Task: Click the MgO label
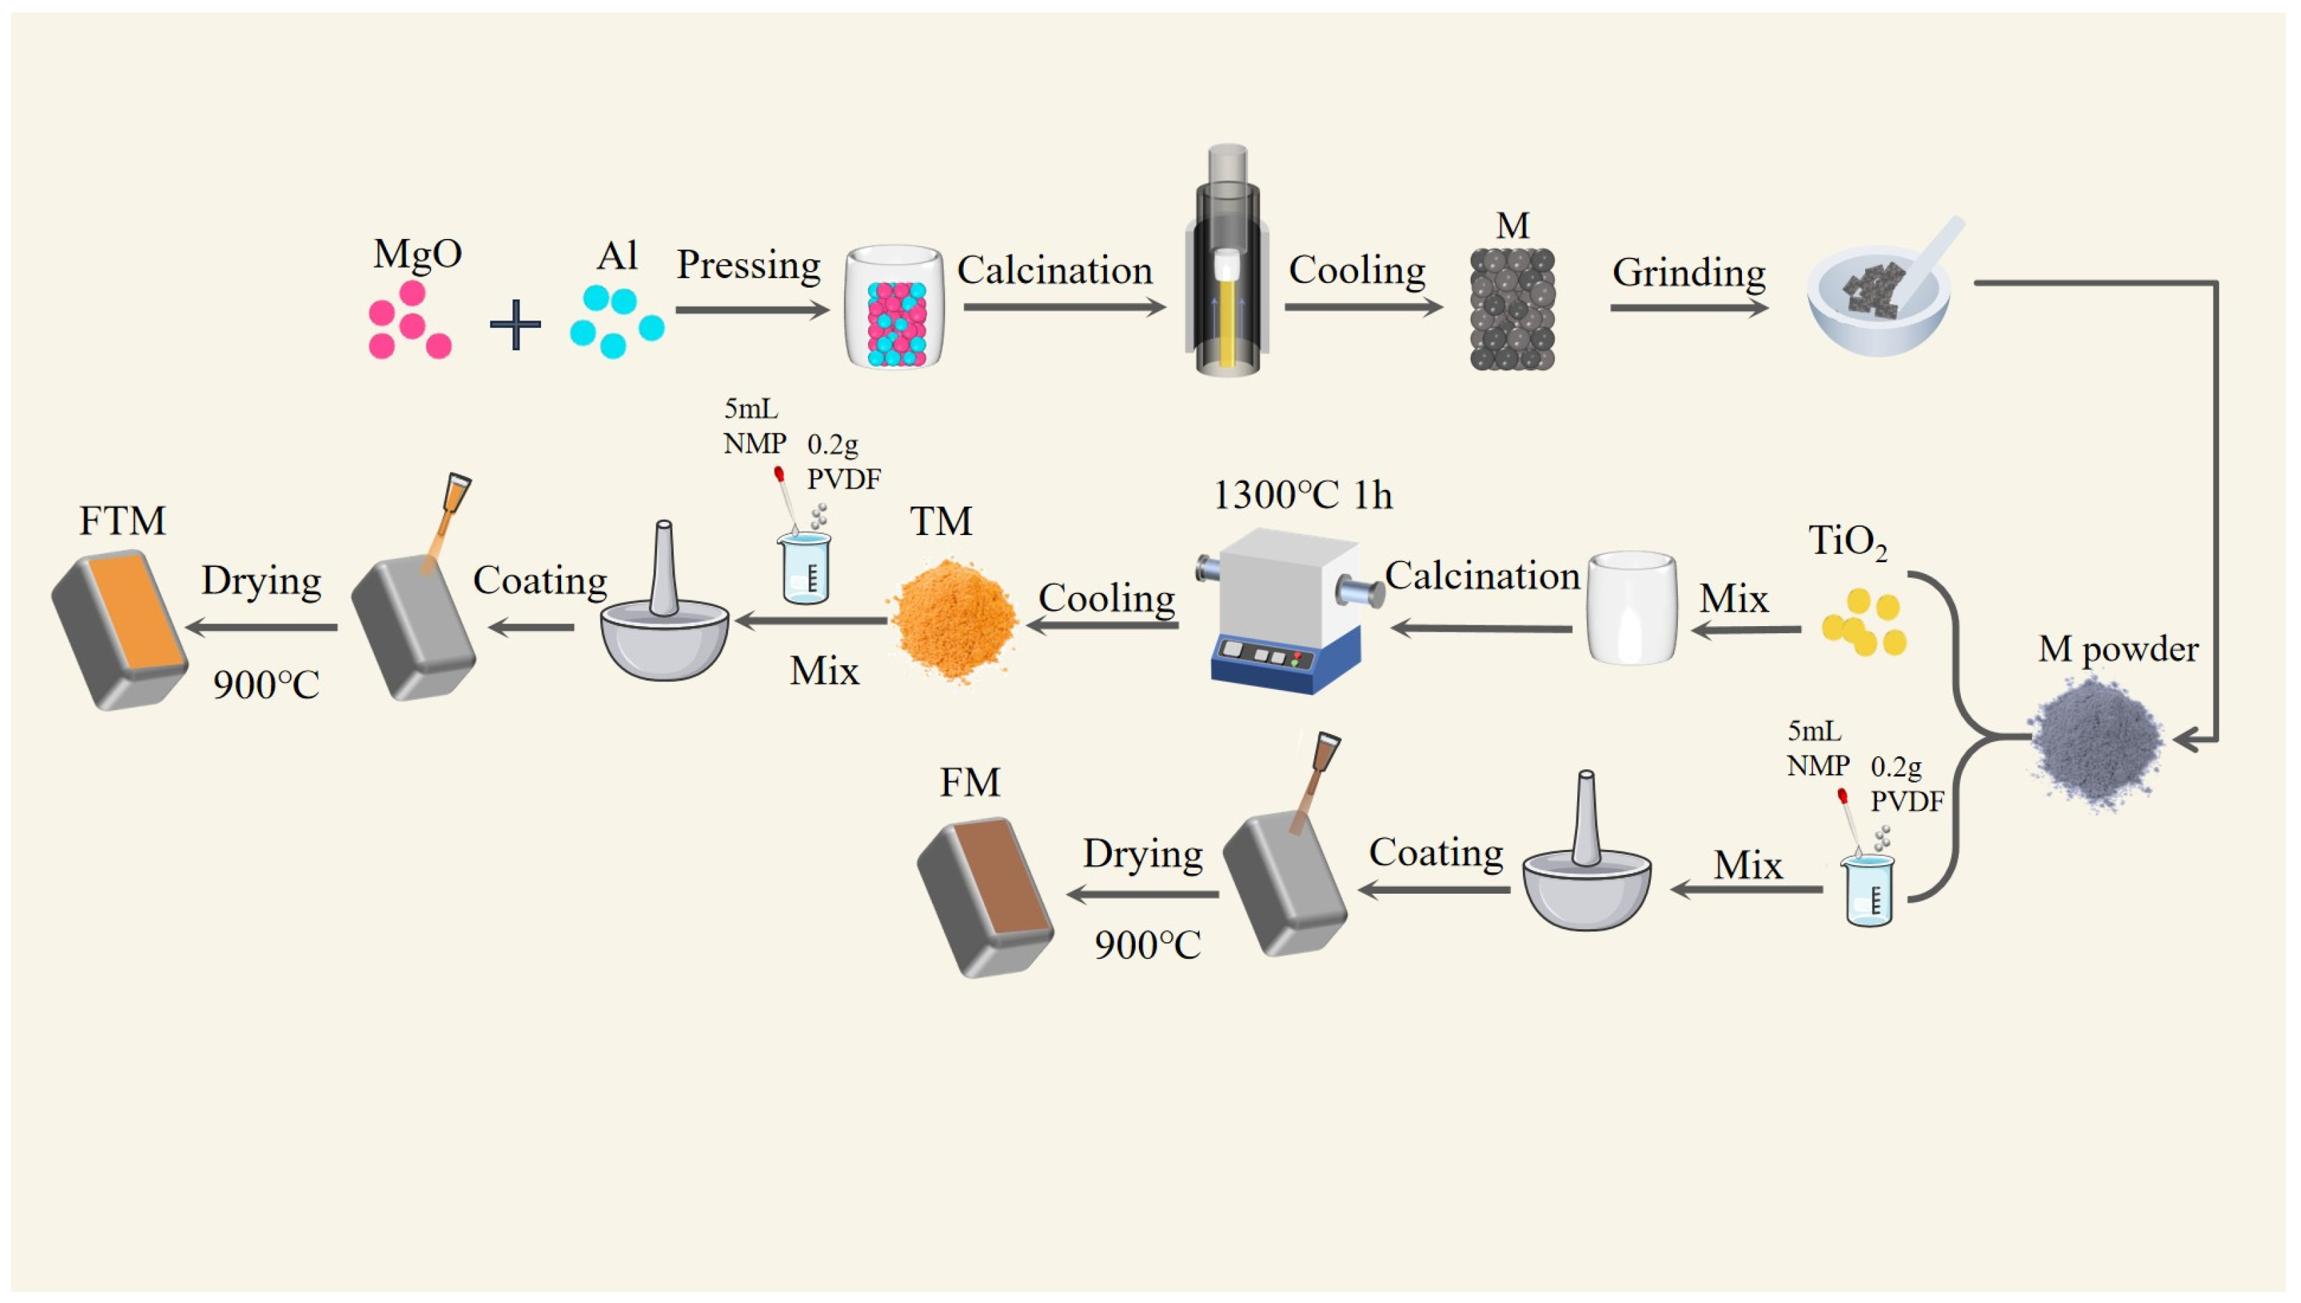point(417,254)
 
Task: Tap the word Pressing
point(748,265)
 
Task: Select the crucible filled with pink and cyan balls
point(894,307)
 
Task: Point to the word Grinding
point(1688,272)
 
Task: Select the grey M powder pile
point(2096,741)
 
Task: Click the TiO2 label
point(1846,541)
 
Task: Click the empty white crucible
point(1631,609)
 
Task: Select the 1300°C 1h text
point(1302,495)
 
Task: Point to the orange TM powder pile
point(953,619)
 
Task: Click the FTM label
point(122,521)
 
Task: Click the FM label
point(969,782)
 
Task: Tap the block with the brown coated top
point(985,898)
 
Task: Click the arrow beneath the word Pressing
point(752,310)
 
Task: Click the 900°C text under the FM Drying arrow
point(1147,945)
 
